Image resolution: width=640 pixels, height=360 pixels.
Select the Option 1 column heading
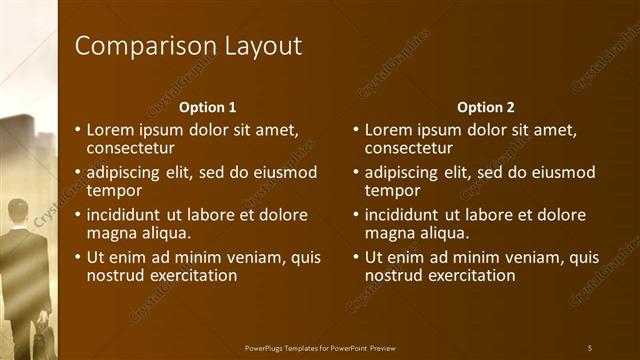tap(207, 107)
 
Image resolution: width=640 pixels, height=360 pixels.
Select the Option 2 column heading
tap(485, 107)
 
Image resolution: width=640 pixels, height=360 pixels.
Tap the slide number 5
tap(590, 348)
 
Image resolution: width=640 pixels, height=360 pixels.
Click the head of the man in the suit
tap(18, 213)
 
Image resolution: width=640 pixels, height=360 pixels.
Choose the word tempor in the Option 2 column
tap(393, 190)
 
